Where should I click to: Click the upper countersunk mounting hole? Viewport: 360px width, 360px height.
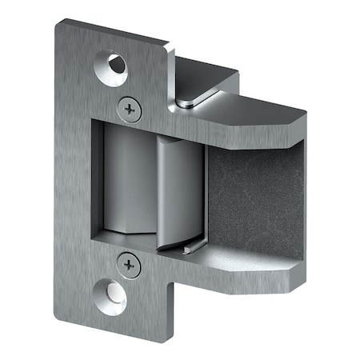coord(112,69)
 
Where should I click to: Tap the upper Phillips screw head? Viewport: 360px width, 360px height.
coord(129,109)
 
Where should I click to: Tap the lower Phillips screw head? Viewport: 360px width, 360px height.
coord(128,264)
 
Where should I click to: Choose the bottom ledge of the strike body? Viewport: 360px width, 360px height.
coord(240,276)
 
